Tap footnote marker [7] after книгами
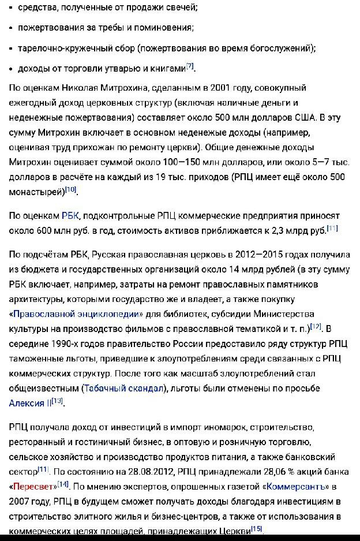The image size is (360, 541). tap(190, 66)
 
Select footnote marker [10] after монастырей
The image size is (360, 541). tap(70, 189)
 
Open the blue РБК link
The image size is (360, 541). tap(71, 216)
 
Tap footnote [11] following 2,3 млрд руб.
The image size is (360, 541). tap(332, 228)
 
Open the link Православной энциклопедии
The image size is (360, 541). tap(76, 314)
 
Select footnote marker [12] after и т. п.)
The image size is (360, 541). tap(316, 326)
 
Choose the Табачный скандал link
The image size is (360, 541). tap(124, 388)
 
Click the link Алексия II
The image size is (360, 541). tap(30, 403)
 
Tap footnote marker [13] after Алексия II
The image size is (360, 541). tap(57, 401)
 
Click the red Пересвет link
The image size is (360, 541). tap(33, 487)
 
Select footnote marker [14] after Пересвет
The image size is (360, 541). tap(63, 484)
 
